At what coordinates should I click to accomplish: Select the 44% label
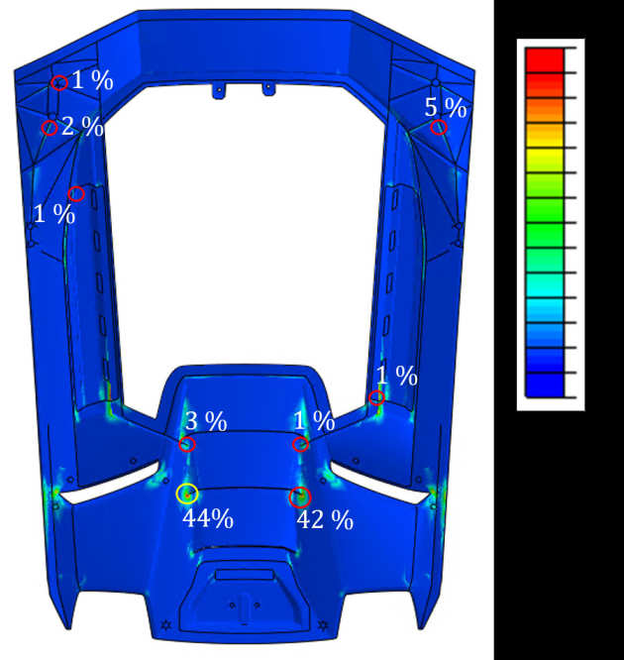click(208, 518)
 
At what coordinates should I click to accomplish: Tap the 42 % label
click(325, 520)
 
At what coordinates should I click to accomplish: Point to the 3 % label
click(206, 421)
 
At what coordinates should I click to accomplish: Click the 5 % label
click(446, 108)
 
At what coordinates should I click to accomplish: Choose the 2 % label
click(82, 126)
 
